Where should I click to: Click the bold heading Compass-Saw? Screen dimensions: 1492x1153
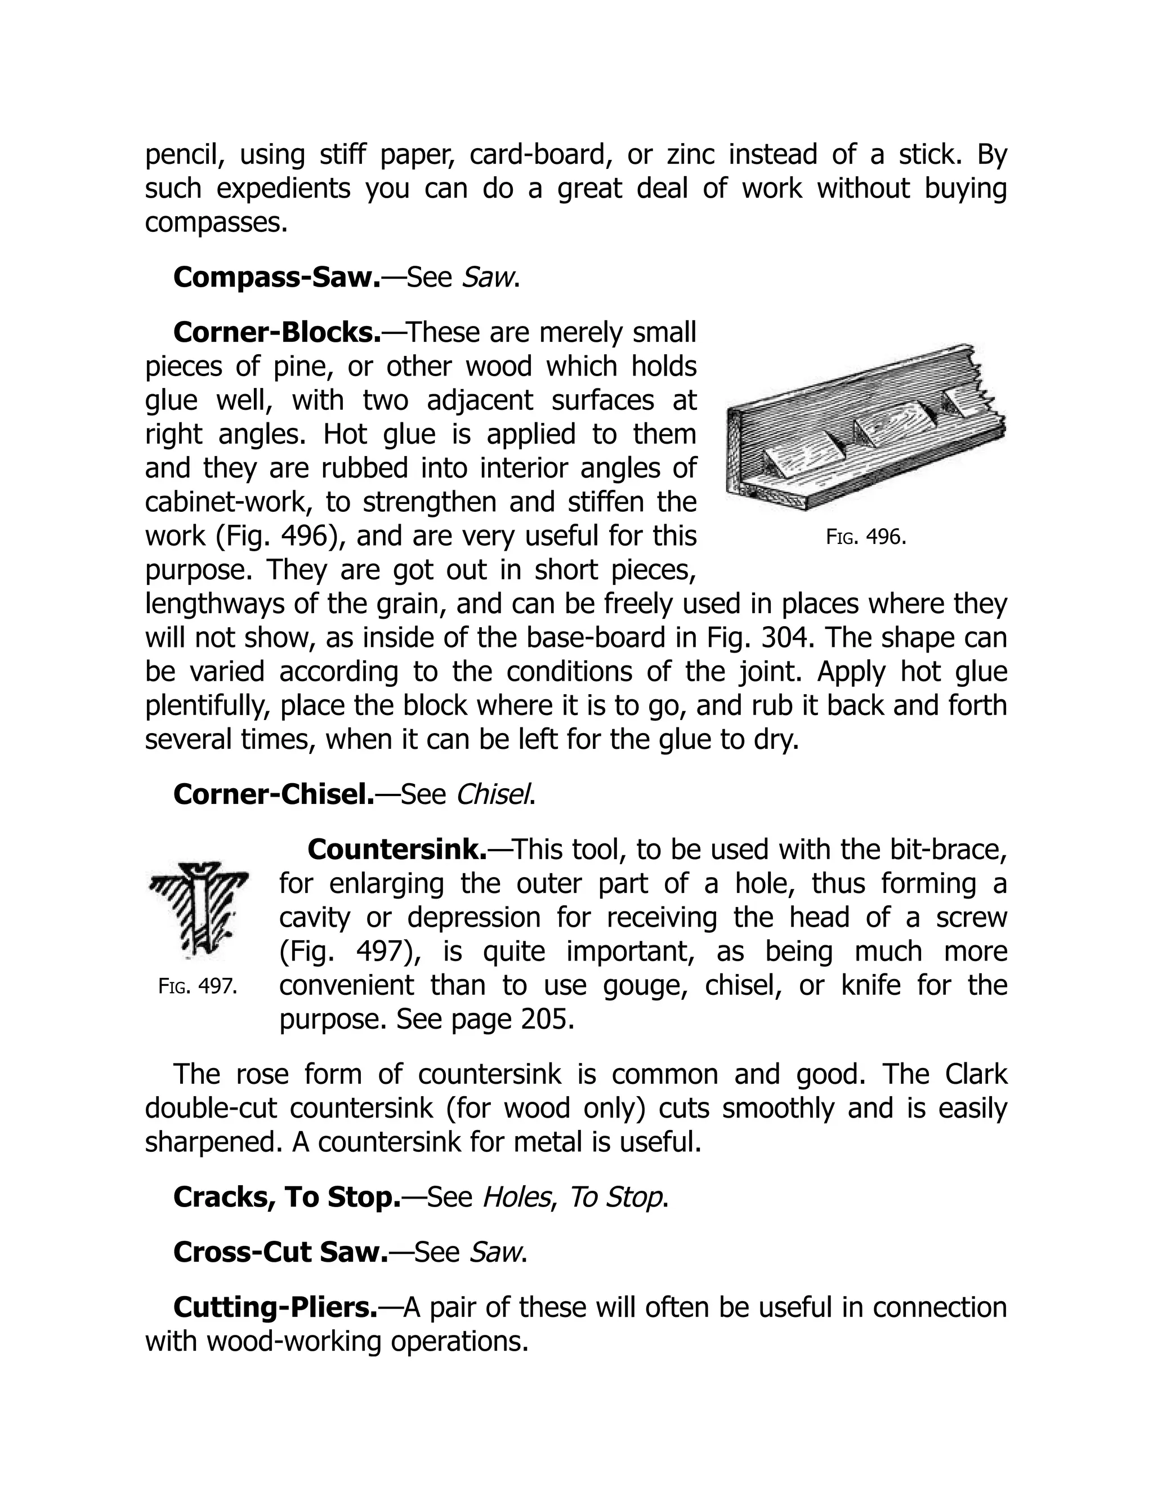(x=276, y=278)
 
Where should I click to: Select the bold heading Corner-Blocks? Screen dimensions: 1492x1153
(x=276, y=333)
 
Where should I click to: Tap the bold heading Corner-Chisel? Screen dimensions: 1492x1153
(x=273, y=794)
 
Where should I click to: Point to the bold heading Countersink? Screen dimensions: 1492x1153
(x=397, y=849)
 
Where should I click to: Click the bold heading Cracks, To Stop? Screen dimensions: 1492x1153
(x=287, y=1197)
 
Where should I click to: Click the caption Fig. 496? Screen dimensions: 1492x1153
(x=865, y=537)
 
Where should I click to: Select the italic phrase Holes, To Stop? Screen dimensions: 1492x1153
(x=573, y=1197)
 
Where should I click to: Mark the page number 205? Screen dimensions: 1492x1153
(x=547, y=1019)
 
